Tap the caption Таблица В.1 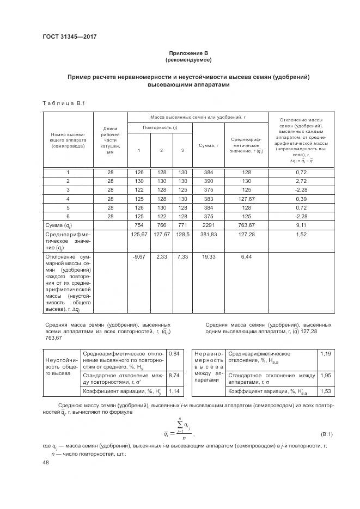tap(60, 103)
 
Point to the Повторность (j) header tap(160, 127)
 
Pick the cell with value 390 tap(208, 180)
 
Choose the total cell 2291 tap(208, 225)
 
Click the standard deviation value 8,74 tap(174, 375)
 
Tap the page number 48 tap(46, 463)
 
